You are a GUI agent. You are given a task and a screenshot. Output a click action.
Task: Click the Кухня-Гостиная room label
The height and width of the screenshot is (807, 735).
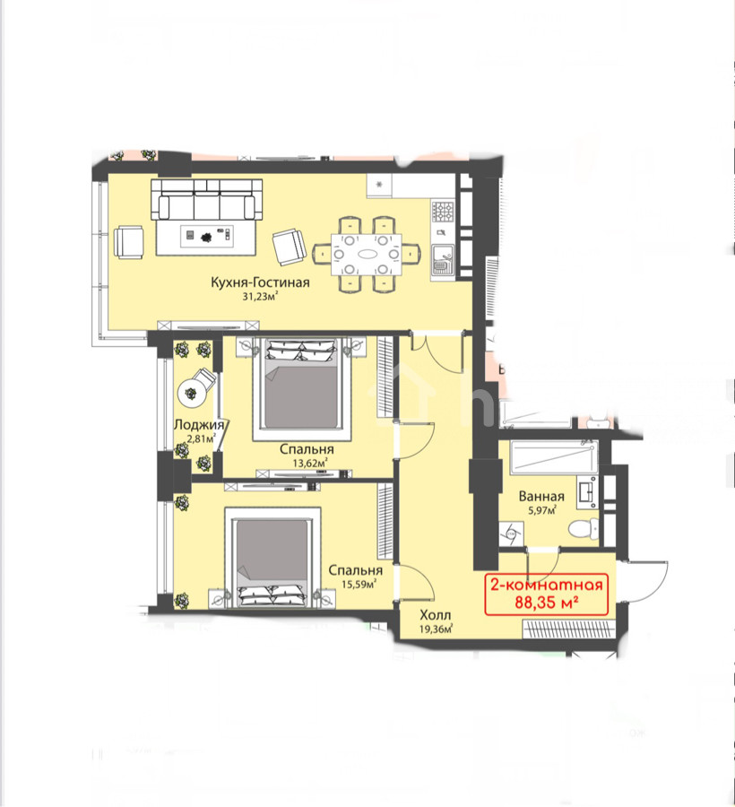click(x=260, y=282)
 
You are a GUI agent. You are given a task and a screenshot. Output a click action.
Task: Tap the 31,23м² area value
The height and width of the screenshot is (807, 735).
click(x=260, y=296)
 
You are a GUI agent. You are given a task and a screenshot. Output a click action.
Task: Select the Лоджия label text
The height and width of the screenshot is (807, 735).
click(x=199, y=425)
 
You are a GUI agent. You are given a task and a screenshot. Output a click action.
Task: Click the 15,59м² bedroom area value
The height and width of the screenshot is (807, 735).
click(x=359, y=584)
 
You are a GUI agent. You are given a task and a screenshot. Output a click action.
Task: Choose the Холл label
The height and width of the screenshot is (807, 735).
click(x=435, y=615)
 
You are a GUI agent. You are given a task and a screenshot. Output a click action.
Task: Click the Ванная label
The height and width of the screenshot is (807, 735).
click(x=541, y=497)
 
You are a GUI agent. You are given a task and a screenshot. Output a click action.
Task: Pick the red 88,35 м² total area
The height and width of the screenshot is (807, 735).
click(x=547, y=602)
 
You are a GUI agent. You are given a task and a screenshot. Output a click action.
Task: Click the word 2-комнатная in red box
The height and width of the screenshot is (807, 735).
click(x=546, y=586)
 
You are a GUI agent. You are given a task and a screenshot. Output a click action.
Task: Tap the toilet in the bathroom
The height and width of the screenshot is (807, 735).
click(x=584, y=527)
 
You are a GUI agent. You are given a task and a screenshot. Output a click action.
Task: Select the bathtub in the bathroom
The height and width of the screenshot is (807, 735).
click(x=553, y=457)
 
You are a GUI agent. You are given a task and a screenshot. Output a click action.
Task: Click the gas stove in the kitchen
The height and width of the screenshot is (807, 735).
click(x=443, y=212)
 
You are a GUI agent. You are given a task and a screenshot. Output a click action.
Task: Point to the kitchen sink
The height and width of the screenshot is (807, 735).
click(x=442, y=259)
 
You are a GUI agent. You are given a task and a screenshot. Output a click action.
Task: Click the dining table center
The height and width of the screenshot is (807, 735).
click(x=367, y=255)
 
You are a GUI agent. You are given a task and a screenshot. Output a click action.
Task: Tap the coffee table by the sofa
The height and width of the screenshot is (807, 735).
click(x=206, y=237)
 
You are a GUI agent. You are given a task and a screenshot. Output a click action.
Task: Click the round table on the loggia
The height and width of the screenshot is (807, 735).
click(x=191, y=394)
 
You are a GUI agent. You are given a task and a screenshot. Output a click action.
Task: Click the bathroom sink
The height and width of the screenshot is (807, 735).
click(x=587, y=491)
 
